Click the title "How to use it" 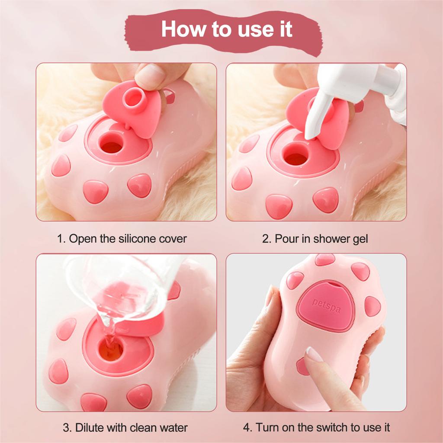(x=226, y=29)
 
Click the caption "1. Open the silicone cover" (x=122, y=238)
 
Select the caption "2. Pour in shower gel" (x=315, y=238)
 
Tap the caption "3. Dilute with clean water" (x=125, y=428)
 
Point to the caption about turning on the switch (x=316, y=428)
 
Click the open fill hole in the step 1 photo (x=112, y=146)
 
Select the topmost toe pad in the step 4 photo (x=324, y=260)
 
